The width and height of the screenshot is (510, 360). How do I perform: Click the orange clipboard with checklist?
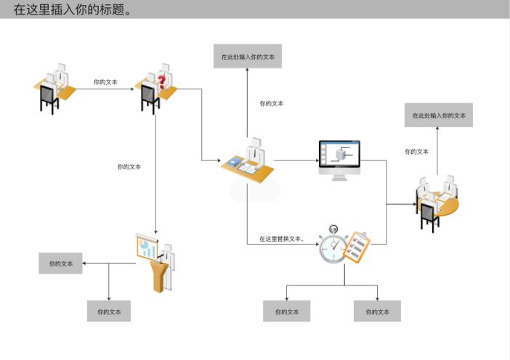coord(356,246)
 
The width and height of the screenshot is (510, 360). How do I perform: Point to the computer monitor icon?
coord(339,160)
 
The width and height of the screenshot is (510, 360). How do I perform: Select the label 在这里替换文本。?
coord(281,238)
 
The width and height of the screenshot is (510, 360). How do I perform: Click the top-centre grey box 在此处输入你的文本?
coord(248,56)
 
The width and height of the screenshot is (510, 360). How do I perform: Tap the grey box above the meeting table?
coord(439,115)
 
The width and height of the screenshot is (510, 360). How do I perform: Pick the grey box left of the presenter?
coord(61,263)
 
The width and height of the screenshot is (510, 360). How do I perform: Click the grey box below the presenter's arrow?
coord(109,311)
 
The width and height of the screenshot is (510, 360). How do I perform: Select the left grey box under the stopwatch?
coord(286,311)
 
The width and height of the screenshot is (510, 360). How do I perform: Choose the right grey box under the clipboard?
coord(377,311)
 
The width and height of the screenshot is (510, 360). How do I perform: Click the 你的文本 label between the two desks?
coord(105,82)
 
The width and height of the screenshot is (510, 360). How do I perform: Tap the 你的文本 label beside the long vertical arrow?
coord(129,167)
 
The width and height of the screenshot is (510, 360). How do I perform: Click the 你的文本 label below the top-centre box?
coord(272,104)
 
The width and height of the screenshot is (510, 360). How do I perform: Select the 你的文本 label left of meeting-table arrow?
coord(416,152)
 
